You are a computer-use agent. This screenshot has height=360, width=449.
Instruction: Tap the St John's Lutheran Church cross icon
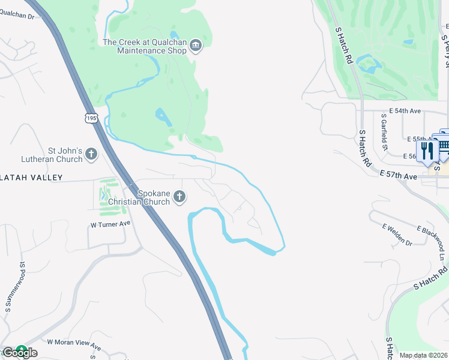click(x=91, y=154)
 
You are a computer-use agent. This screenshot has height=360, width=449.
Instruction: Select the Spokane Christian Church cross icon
click(x=179, y=197)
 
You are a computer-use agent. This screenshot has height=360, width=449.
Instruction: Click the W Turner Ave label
click(x=110, y=224)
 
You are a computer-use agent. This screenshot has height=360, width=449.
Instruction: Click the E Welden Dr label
click(x=397, y=235)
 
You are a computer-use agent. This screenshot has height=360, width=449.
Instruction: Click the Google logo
click(x=20, y=352)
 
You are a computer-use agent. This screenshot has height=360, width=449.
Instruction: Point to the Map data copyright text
click(x=423, y=355)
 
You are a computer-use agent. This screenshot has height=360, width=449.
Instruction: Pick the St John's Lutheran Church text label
click(x=65, y=155)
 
